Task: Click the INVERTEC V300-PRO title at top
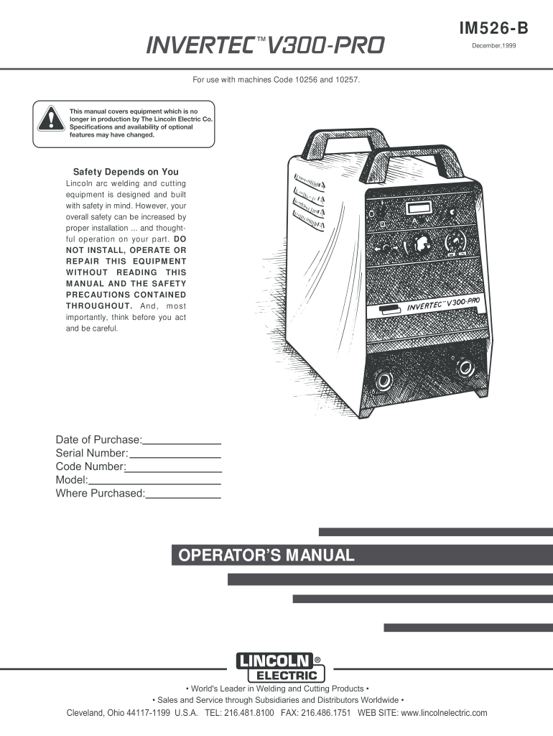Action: (266, 47)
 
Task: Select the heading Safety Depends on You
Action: (126, 172)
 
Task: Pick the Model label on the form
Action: (71, 480)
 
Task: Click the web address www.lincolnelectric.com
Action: (443, 713)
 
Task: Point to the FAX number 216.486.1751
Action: (323, 713)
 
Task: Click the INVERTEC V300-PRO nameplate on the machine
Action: (443, 305)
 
